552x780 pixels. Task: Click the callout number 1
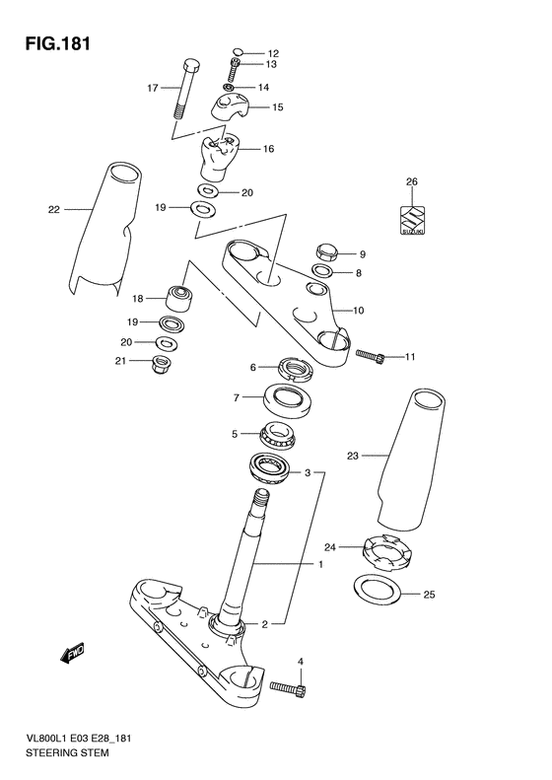coord(319,565)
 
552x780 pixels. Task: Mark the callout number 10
coord(358,311)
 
